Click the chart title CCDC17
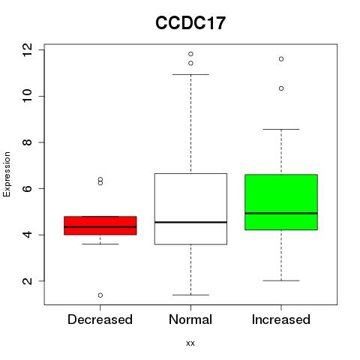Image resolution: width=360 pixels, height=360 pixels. (x=190, y=23)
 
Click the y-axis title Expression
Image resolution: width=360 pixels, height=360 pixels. (x=7, y=174)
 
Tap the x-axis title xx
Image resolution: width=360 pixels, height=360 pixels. (x=190, y=343)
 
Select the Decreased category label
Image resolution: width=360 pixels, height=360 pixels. (x=100, y=319)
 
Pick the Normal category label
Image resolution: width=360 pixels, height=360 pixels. (x=190, y=319)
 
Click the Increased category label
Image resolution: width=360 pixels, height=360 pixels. (x=281, y=319)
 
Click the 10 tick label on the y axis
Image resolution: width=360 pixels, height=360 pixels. (x=28, y=96)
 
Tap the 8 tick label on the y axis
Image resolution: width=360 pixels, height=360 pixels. (x=28, y=142)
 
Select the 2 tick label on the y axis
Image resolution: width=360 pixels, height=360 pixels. (x=28, y=281)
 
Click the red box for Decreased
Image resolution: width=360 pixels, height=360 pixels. (x=100, y=226)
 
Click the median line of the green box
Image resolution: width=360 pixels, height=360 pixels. (x=281, y=213)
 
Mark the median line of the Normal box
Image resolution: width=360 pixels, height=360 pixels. (x=190, y=222)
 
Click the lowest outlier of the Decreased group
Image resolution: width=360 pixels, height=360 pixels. (x=100, y=295)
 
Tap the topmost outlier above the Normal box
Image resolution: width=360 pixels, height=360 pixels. (x=190, y=54)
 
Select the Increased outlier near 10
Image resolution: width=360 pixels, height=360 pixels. (x=281, y=88)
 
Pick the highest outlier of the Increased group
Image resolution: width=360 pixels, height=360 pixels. (x=281, y=59)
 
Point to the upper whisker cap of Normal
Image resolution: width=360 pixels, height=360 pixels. (x=190, y=74)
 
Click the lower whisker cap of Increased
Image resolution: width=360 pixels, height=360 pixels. (x=281, y=280)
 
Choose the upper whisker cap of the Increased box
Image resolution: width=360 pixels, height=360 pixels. (x=281, y=129)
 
